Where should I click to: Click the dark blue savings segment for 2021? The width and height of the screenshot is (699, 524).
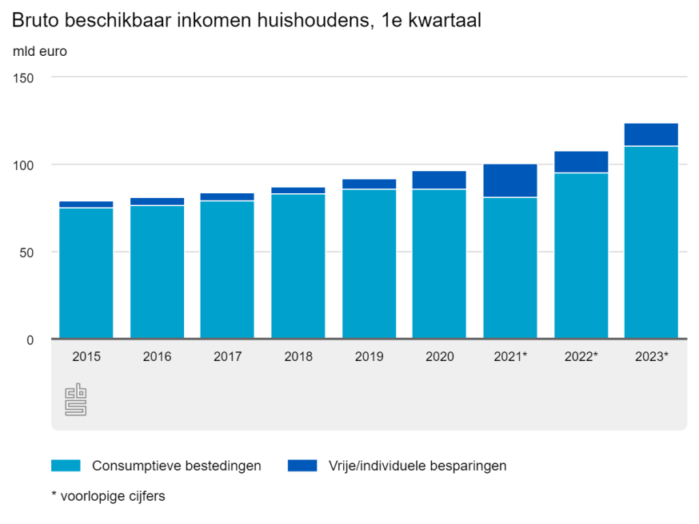[x=510, y=181]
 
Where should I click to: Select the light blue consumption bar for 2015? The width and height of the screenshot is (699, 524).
[x=86, y=273]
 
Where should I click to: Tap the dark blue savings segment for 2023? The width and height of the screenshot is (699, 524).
[x=651, y=134]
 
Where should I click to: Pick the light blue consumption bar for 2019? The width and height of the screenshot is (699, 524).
[x=369, y=264]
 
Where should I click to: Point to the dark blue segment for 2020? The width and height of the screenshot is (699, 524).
[x=439, y=180]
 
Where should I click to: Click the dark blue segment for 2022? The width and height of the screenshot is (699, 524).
[x=581, y=161]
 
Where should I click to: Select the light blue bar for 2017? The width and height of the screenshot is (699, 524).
[x=227, y=269]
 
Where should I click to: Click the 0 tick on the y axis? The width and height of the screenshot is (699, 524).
[x=30, y=339]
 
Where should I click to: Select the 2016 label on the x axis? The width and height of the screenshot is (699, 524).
[x=157, y=357]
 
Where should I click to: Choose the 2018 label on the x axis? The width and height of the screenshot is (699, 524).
[x=298, y=357]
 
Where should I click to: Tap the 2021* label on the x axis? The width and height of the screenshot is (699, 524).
[x=511, y=357]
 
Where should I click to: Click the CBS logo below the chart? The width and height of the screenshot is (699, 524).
[x=76, y=399]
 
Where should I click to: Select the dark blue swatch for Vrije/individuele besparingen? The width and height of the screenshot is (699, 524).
[x=302, y=466]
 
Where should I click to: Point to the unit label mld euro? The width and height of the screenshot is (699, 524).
[x=40, y=52]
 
